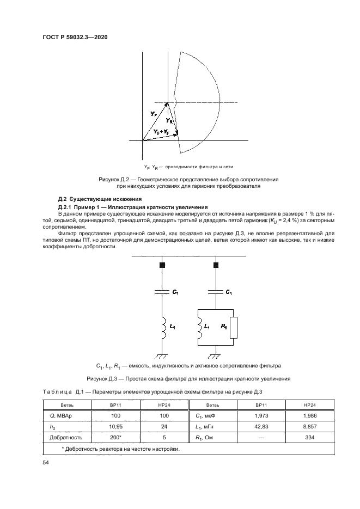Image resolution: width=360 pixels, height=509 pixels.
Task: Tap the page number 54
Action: (45, 462)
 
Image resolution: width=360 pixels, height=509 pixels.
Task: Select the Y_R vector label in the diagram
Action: (169, 120)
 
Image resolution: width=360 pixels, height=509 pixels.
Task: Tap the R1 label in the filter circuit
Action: (223, 327)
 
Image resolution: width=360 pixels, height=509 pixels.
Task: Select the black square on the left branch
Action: (161, 265)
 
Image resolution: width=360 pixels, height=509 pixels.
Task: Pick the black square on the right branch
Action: (216, 265)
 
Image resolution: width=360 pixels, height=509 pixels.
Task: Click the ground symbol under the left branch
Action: (161, 356)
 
